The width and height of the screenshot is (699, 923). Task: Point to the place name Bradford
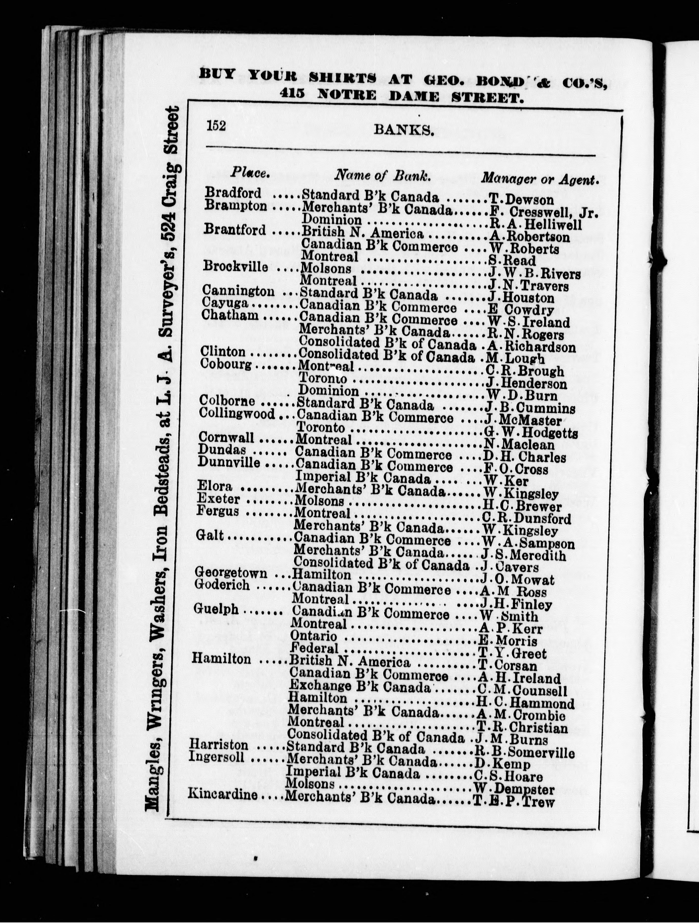pyautogui.click(x=233, y=193)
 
